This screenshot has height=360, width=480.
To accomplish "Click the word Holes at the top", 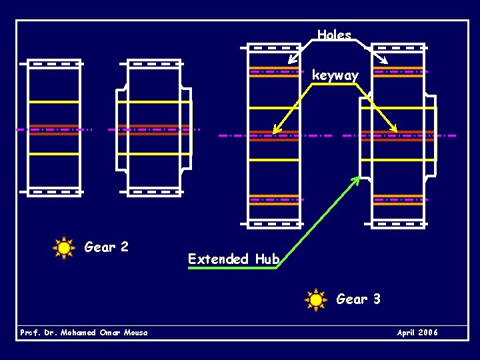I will point(334,35).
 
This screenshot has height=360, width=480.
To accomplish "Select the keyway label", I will point(335,75).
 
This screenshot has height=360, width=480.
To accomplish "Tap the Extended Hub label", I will point(233,259).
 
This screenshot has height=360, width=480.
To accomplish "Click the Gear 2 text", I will point(107,247).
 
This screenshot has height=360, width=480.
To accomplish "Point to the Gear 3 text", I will point(359,299).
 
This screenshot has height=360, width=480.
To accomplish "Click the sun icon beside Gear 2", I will point(64,248).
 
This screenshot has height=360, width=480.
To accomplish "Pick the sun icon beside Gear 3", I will point(316,300).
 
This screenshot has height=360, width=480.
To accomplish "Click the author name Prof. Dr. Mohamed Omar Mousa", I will point(84,332).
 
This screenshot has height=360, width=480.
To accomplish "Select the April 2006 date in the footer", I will point(417,332).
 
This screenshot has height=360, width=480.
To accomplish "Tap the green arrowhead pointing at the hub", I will point(357,179).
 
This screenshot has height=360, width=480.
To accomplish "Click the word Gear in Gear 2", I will point(99,247).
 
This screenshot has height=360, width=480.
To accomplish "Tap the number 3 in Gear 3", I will point(377,299).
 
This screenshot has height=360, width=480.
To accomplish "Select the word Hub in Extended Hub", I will point(267,259).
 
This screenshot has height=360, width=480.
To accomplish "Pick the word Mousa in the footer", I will point(135,332).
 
